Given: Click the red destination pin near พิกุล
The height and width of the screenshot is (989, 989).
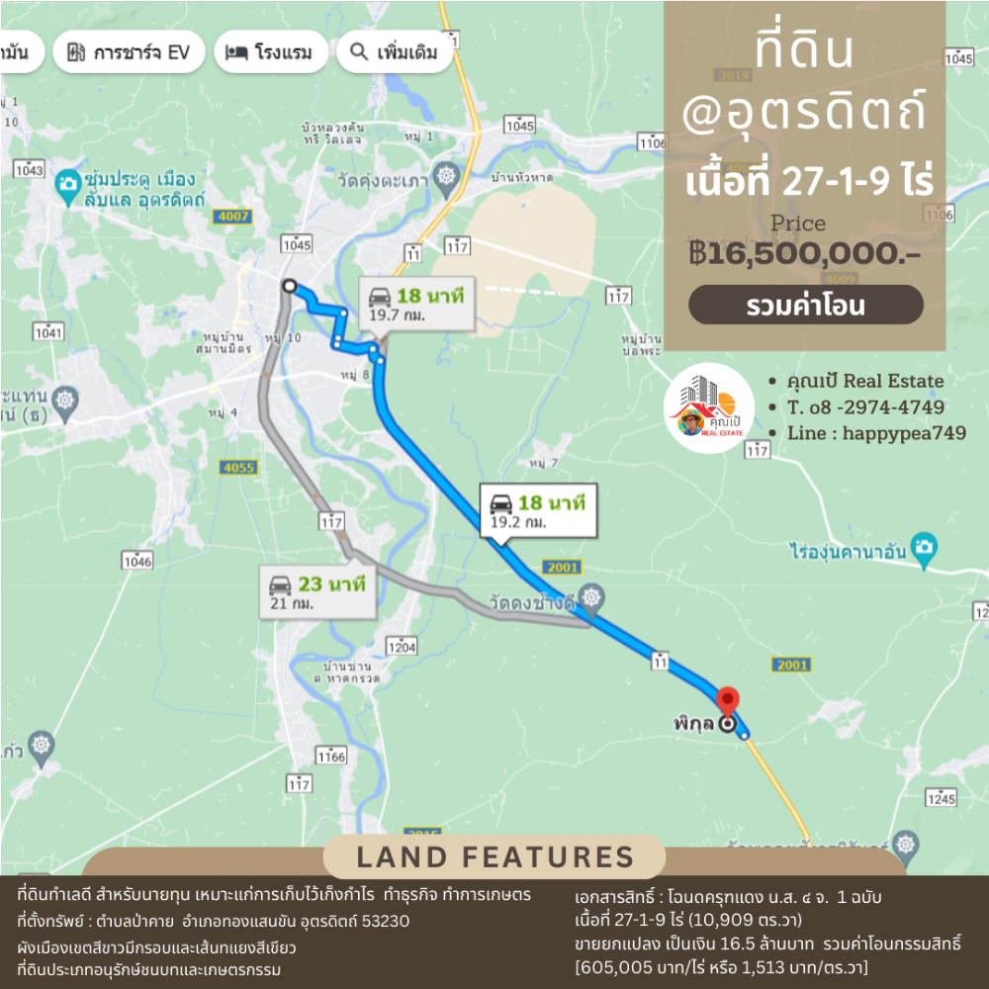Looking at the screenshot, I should pos(727,700).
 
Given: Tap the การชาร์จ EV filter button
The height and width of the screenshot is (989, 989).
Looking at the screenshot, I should pos(129,52).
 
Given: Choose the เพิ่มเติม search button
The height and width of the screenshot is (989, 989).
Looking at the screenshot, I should pos(395,52).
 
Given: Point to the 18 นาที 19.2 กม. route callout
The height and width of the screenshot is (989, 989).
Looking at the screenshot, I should pos(538,510).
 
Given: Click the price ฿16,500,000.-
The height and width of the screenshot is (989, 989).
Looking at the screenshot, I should pos(805,253).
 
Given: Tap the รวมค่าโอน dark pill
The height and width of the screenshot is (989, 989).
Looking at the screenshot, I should pos(805,306).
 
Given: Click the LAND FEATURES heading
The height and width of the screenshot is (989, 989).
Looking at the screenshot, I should pos(494,856).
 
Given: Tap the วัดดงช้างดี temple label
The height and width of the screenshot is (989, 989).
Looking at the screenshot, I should pos(531,602).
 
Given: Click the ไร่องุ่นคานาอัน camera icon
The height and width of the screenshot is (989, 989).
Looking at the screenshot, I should pos(924,547).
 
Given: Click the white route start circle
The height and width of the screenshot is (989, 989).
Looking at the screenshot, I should pos(289,286).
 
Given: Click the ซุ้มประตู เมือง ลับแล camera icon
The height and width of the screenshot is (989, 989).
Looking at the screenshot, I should pos(67,182).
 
